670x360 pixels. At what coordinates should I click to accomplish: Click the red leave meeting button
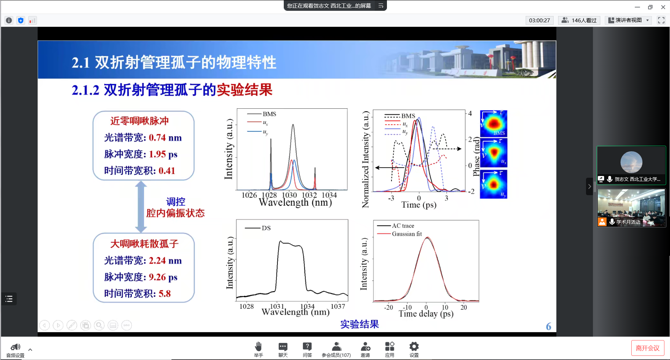pyautogui.click(x=647, y=348)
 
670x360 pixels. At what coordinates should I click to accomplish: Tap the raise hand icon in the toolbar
pyautogui.click(x=258, y=346)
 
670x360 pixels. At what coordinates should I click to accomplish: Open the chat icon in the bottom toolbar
pyautogui.click(x=283, y=346)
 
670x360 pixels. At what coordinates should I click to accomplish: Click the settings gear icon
pyautogui.click(x=414, y=346)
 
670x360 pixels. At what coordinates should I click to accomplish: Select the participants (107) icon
pyautogui.click(x=336, y=346)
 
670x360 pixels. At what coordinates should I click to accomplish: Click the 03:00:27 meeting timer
pyautogui.click(x=539, y=20)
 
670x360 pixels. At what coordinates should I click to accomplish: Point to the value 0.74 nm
pyautogui.click(x=165, y=138)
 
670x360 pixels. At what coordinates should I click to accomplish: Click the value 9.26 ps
pyautogui.click(x=163, y=277)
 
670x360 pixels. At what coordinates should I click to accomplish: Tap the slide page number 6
pyautogui.click(x=548, y=326)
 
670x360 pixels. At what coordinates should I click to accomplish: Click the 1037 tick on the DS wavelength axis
pyautogui.click(x=338, y=306)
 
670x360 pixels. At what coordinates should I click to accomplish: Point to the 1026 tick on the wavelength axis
pyautogui.click(x=249, y=195)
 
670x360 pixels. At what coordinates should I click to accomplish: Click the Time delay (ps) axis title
pyautogui.click(x=426, y=314)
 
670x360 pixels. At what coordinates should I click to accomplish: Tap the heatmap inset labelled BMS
pyautogui.click(x=494, y=123)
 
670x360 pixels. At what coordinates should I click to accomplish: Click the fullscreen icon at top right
pyautogui.click(x=661, y=20)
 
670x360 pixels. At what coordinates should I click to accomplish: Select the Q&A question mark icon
pyautogui.click(x=307, y=346)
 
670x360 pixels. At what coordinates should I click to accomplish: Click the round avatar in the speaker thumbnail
pyautogui.click(x=631, y=162)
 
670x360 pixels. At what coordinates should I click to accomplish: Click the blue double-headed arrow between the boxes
pyautogui.click(x=141, y=207)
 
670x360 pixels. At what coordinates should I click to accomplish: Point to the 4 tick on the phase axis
pyautogui.click(x=470, y=113)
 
